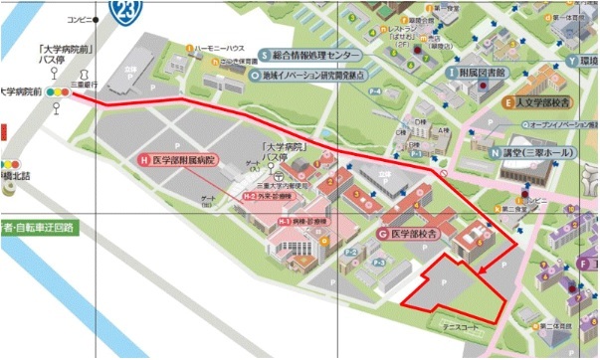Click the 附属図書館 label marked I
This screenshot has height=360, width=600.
coord(482,73)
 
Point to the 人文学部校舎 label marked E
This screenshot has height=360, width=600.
coord(541,101)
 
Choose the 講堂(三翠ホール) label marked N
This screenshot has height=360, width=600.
coord(533,154)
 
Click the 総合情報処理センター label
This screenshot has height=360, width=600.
coord(316,55)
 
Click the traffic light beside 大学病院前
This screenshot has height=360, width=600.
coord(59,91)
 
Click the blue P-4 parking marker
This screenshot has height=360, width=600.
coord(379,91)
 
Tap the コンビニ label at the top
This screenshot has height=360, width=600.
coord(79,19)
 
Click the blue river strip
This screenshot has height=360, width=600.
coord(60,298)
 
